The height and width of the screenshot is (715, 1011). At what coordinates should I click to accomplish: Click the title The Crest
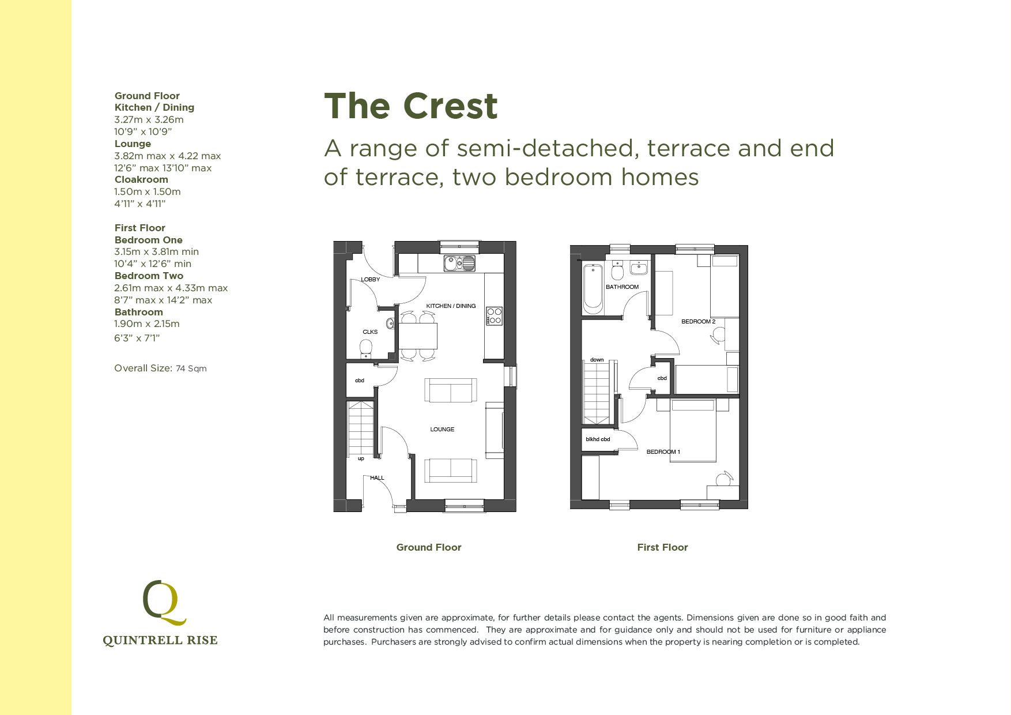click(x=410, y=107)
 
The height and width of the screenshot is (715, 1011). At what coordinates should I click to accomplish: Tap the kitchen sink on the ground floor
click(x=459, y=264)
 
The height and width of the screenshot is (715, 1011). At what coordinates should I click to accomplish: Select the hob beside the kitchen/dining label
click(x=495, y=316)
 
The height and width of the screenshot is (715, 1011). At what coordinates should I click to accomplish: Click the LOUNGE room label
click(x=442, y=430)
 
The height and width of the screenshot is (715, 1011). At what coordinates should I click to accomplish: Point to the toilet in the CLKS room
click(x=365, y=348)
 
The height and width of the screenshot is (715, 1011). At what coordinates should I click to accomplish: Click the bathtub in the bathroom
click(x=593, y=288)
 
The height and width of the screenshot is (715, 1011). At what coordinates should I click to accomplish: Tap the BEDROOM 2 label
click(x=698, y=322)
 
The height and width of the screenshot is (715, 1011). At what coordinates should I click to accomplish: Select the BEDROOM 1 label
click(x=663, y=452)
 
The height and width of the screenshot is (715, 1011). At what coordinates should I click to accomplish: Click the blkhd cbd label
click(x=598, y=439)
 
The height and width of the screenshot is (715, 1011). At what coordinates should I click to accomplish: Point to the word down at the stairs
click(x=597, y=360)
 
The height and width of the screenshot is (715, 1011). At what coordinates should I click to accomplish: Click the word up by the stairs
click(x=361, y=459)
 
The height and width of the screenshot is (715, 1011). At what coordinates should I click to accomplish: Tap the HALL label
click(x=377, y=478)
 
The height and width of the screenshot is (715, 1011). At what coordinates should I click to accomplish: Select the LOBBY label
click(x=370, y=280)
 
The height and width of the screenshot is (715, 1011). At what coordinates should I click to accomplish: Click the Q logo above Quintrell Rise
click(x=164, y=602)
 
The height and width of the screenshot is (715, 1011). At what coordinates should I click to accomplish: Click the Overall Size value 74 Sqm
click(x=191, y=368)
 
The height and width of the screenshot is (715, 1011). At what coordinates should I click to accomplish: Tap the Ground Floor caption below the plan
click(x=428, y=547)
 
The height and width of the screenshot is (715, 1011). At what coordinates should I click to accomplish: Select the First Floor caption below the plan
click(x=662, y=547)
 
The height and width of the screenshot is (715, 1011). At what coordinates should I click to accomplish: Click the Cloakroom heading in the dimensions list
click(x=141, y=180)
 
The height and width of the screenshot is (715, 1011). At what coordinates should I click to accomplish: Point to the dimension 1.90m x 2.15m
click(x=147, y=324)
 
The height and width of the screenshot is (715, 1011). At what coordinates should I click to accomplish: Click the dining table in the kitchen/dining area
click(x=418, y=336)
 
